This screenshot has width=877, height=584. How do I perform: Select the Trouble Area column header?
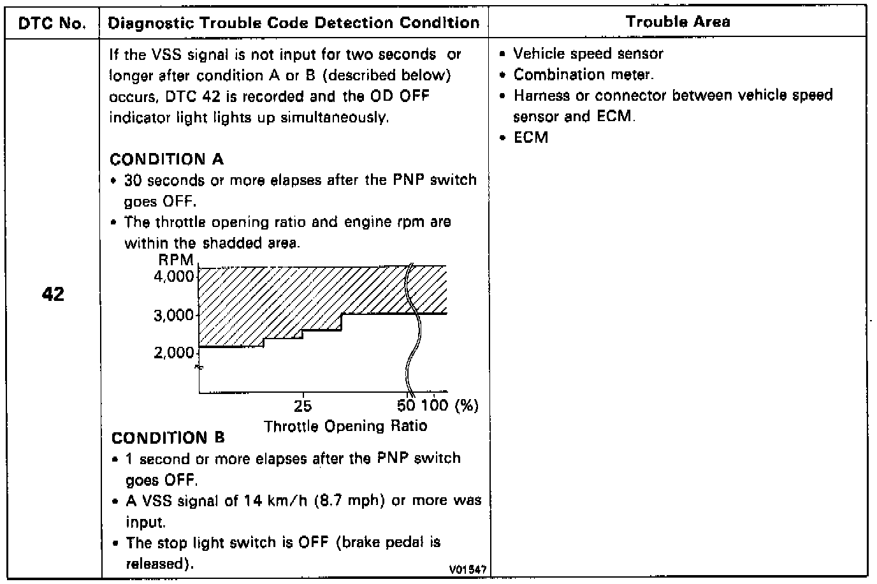pyautogui.click(x=678, y=22)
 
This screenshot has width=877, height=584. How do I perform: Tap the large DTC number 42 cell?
pyautogui.click(x=53, y=295)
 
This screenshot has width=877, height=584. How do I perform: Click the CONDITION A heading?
pyautogui.click(x=167, y=159)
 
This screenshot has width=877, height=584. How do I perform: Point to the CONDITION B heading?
pyautogui.click(x=168, y=438)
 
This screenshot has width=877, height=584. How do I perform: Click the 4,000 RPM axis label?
pyautogui.click(x=173, y=277)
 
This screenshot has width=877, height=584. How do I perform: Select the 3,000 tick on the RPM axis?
pyautogui.click(x=173, y=315)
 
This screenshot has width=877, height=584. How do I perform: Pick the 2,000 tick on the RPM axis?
pyautogui.click(x=173, y=353)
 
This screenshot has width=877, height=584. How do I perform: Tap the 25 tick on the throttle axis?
pyautogui.click(x=303, y=406)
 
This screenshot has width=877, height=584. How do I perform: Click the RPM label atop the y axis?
pyautogui.click(x=176, y=261)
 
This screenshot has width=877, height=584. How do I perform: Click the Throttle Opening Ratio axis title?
pyautogui.click(x=345, y=426)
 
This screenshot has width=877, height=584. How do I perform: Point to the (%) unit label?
pyautogui.click(x=466, y=406)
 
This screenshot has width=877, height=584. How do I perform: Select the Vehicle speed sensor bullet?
pyautogui.click(x=588, y=54)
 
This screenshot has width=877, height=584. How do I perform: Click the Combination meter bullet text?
pyautogui.click(x=583, y=75)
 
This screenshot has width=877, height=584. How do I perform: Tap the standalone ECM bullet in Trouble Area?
pyautogui.click(x=530, y=138)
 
